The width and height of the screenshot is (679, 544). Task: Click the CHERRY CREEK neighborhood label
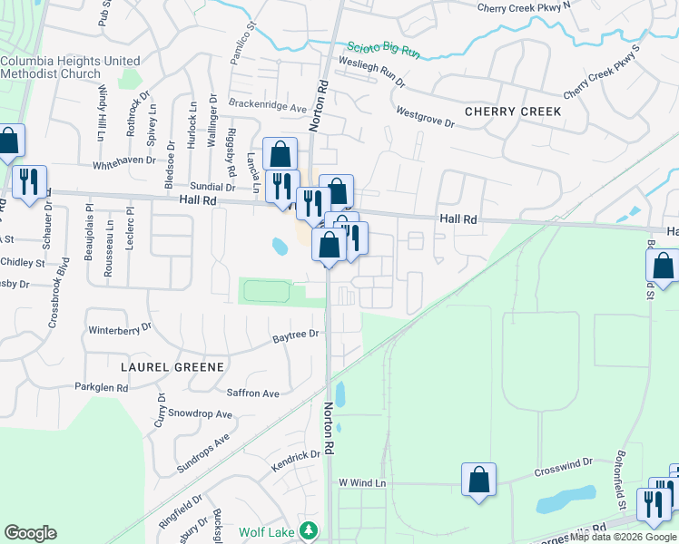513,112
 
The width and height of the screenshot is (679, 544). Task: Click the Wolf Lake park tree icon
309,530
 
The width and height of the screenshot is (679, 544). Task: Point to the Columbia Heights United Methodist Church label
70,67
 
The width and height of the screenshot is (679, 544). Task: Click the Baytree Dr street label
297,335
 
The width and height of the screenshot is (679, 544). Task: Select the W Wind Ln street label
362,483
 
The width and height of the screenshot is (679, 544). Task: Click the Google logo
30,533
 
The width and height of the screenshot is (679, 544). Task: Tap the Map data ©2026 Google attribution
623,538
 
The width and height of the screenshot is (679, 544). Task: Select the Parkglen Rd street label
102,387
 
